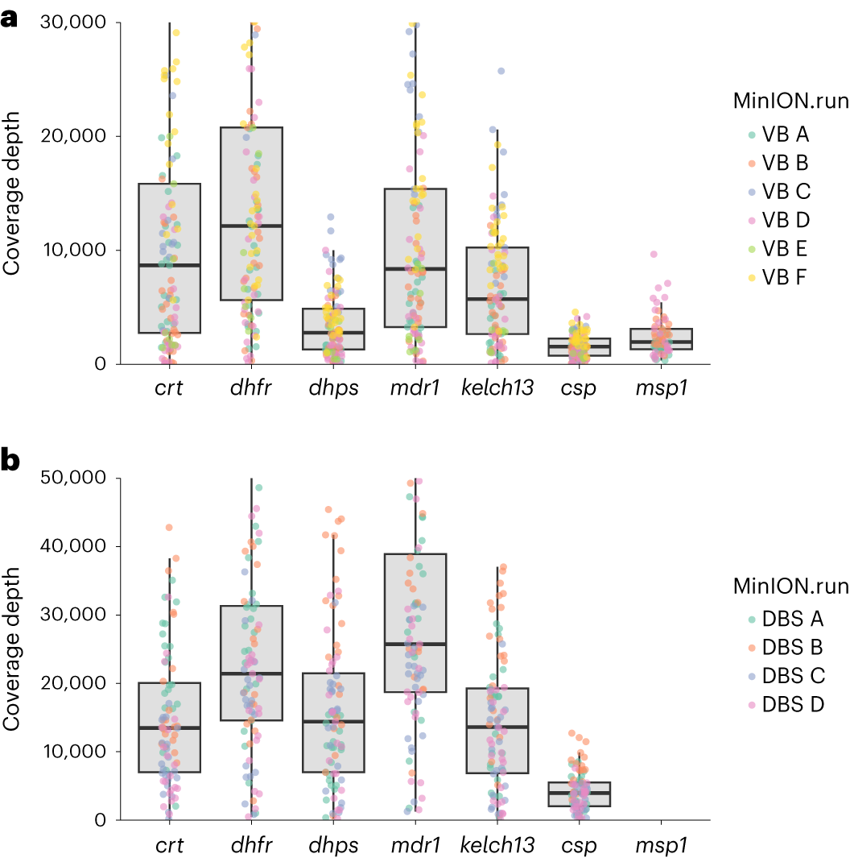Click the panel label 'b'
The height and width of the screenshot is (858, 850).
click(10, 460)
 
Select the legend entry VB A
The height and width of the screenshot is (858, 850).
click(786, 135)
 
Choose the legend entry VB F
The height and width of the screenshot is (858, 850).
click(786, 277)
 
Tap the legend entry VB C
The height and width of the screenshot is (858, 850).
click(786, 192)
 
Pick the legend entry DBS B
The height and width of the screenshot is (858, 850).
click(792, 648)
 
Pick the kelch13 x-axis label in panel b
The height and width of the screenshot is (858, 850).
click(497, 846)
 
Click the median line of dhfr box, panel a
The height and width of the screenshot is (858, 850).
click(251, 226)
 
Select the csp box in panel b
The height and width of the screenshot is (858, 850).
click(580, 794)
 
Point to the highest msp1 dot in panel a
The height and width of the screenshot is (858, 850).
click(654, 254)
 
